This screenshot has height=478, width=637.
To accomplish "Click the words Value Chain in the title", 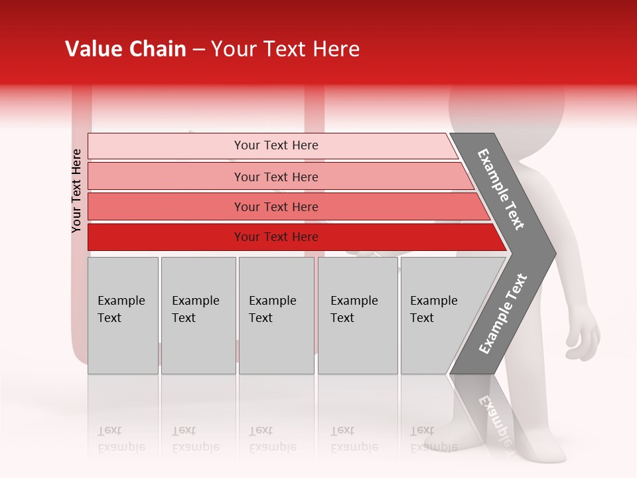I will pos(125,49).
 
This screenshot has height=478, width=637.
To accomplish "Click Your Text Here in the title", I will pos(285,49).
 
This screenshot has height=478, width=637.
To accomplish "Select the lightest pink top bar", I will pos(275,145).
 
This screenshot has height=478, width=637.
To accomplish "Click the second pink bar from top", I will pos(275,177).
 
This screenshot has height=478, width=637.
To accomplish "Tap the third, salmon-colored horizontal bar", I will pos(275,206).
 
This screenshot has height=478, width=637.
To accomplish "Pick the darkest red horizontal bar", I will pos(275,237).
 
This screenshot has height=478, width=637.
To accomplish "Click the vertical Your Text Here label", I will pos(76,191).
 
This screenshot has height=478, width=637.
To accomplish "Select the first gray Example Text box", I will pos(123,315).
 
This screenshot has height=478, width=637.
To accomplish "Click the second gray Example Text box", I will pos(198,315).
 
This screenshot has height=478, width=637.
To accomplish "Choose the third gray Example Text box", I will pos(276,315).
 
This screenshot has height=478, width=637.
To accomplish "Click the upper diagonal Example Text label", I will pos(502,189).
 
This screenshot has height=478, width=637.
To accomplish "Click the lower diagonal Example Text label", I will pos(503,313).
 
